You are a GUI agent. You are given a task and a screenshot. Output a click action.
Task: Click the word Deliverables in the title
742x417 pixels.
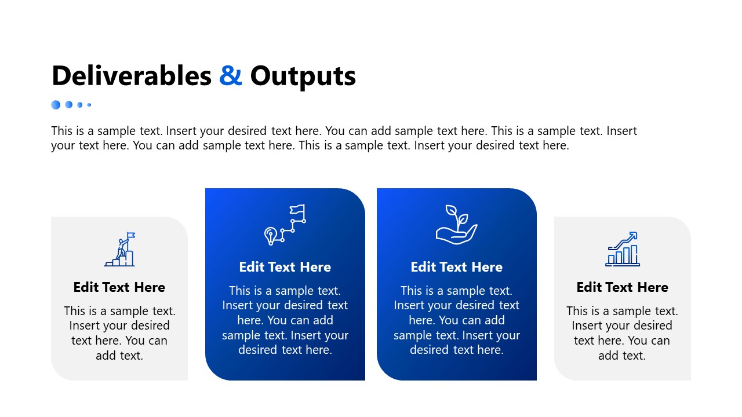[x=132, y=76]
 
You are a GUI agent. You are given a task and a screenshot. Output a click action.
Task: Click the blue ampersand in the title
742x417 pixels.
[x=231, y=76]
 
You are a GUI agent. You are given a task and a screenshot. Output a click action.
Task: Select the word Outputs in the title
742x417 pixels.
[x=303, y=76]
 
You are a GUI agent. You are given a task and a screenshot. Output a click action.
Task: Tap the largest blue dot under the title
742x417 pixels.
[x=56, y=105]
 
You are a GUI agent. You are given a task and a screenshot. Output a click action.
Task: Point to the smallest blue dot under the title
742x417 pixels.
[x=89, y=105]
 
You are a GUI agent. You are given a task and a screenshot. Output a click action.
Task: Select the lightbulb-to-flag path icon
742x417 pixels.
[x=285, y=224]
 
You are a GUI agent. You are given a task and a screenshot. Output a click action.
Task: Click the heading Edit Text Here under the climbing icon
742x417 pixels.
[x=119, y=287]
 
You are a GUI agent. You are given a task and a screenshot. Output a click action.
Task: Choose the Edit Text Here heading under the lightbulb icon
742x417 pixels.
[x=285, y=267]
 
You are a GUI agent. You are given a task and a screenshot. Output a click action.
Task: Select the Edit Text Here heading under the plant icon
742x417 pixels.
[x=456, y=267]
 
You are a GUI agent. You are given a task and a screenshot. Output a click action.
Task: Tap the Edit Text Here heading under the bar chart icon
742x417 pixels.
[x=622, y=287]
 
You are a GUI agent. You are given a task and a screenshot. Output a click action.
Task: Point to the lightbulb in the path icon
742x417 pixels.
[x=270, y=235]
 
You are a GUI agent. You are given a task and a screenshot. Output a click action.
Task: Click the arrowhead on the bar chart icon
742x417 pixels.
[x=633, y=235]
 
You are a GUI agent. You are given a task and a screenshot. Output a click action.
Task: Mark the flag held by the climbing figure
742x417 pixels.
[x=131, y=235]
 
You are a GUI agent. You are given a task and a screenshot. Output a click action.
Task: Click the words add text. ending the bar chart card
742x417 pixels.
[x=622, y=356]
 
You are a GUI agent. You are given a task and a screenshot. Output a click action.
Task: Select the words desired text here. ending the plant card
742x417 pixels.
[x=456, y=350]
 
